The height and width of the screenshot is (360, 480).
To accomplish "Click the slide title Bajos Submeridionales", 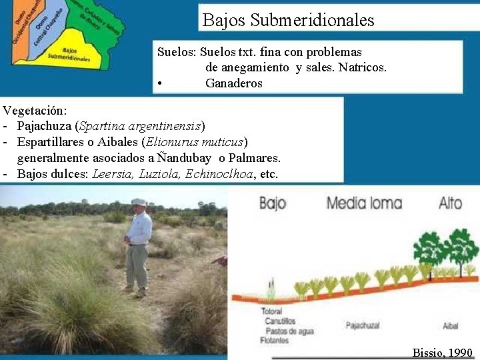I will tap(288, 20).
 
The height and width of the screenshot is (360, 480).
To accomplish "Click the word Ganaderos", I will tap(233, 83).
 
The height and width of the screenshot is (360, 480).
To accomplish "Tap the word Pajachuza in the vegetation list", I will tap(45, 125).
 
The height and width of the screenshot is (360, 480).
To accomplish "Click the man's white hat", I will tap(139, 201).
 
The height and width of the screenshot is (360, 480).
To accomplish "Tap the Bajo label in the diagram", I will tap(272, 202).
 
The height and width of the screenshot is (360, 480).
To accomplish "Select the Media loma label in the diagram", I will tap(363, 202).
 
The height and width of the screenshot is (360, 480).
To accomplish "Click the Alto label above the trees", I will tap(450, 202).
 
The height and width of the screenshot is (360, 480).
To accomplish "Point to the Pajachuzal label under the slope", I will tap(364, 325).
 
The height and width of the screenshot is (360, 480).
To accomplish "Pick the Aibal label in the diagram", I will tap(450, 326).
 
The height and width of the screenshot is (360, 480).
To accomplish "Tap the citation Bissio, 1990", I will tap(442, 353).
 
